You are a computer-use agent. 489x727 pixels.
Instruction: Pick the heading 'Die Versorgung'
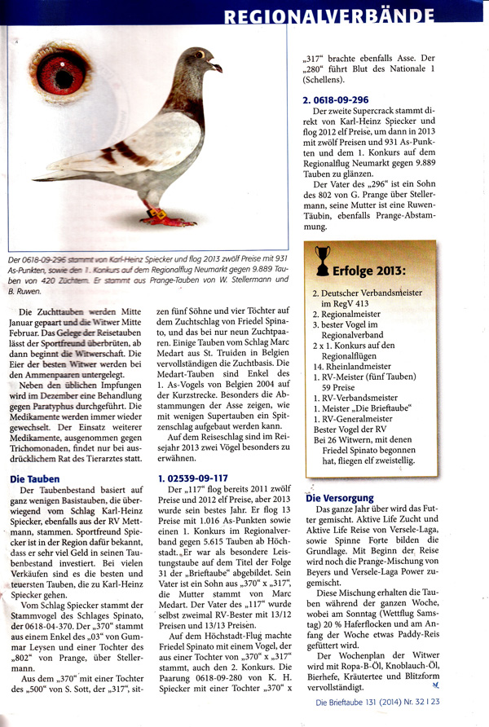pos(340,497)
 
